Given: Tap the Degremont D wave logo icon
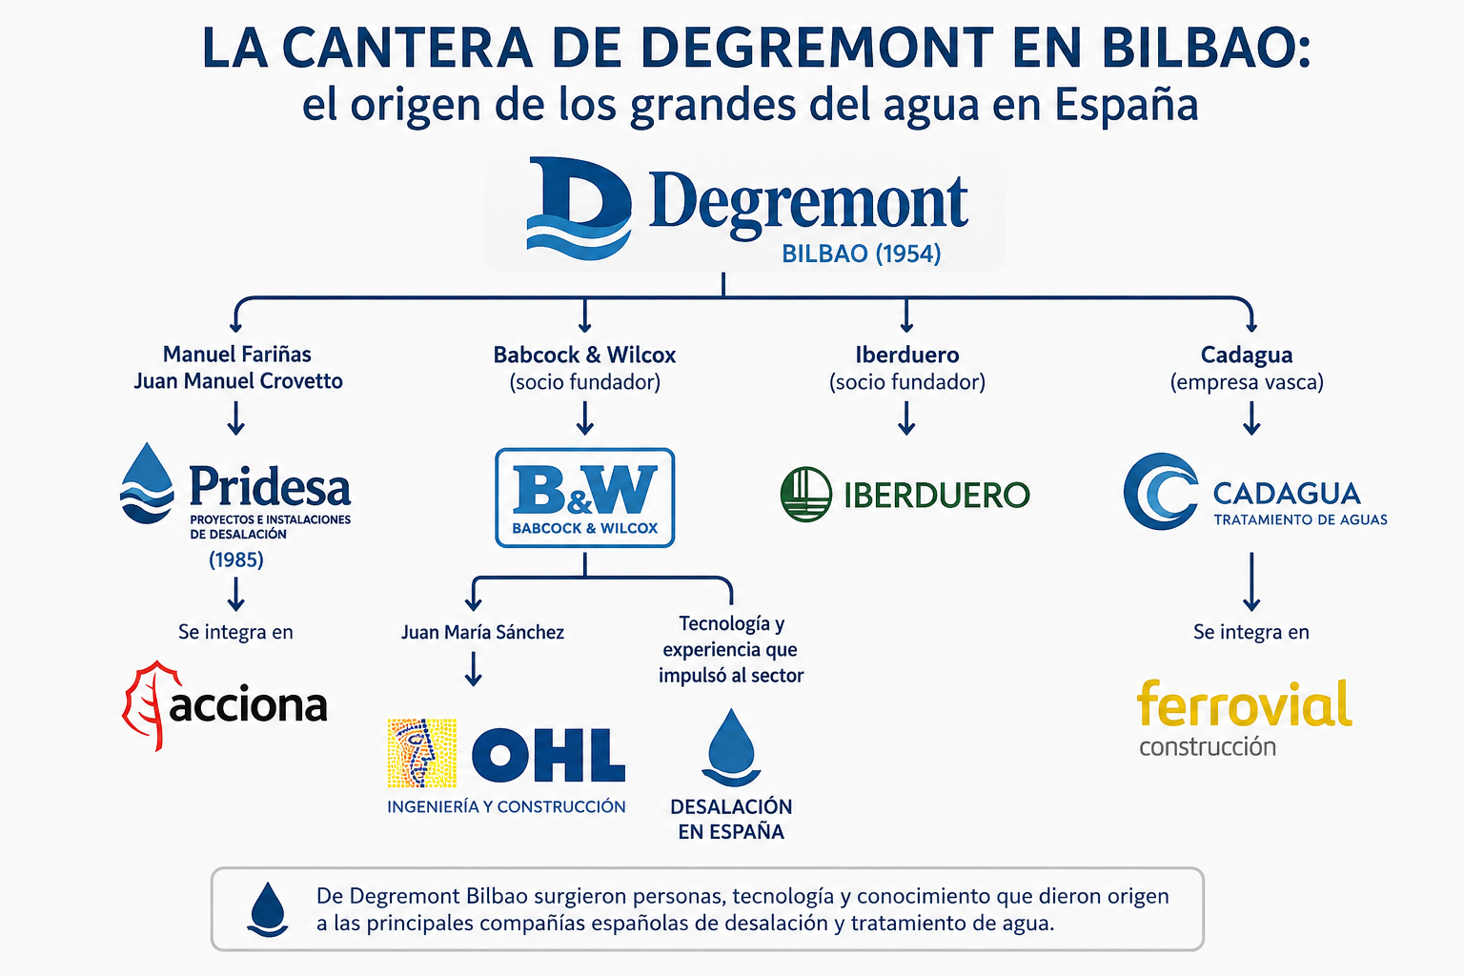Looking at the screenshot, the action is pos(579,208).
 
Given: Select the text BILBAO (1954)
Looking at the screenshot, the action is pos(862,254).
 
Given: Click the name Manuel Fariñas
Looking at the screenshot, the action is pos(236,355).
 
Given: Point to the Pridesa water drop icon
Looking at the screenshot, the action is pos(147,483).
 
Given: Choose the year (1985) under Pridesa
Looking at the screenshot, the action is pos(236,559).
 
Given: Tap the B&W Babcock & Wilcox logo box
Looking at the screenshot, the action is pos(585,498).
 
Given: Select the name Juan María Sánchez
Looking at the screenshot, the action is pos(482,632).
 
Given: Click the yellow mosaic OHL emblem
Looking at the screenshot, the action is pos(421,753).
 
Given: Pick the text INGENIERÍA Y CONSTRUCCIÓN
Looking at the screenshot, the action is pos(506,806).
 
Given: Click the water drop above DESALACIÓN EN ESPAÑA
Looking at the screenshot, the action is pos(731,747).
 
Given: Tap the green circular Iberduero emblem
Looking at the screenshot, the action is pos(806,495).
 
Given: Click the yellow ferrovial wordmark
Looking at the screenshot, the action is pos(1245,703).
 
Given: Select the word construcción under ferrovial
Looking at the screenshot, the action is pos(1208,746).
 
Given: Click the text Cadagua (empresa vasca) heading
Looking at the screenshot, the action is pos(1247,368).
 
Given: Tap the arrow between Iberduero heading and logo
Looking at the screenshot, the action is pos(906,418).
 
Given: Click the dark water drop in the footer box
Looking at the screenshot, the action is pos(268,909).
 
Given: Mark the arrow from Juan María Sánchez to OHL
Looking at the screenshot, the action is pos(473,669).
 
